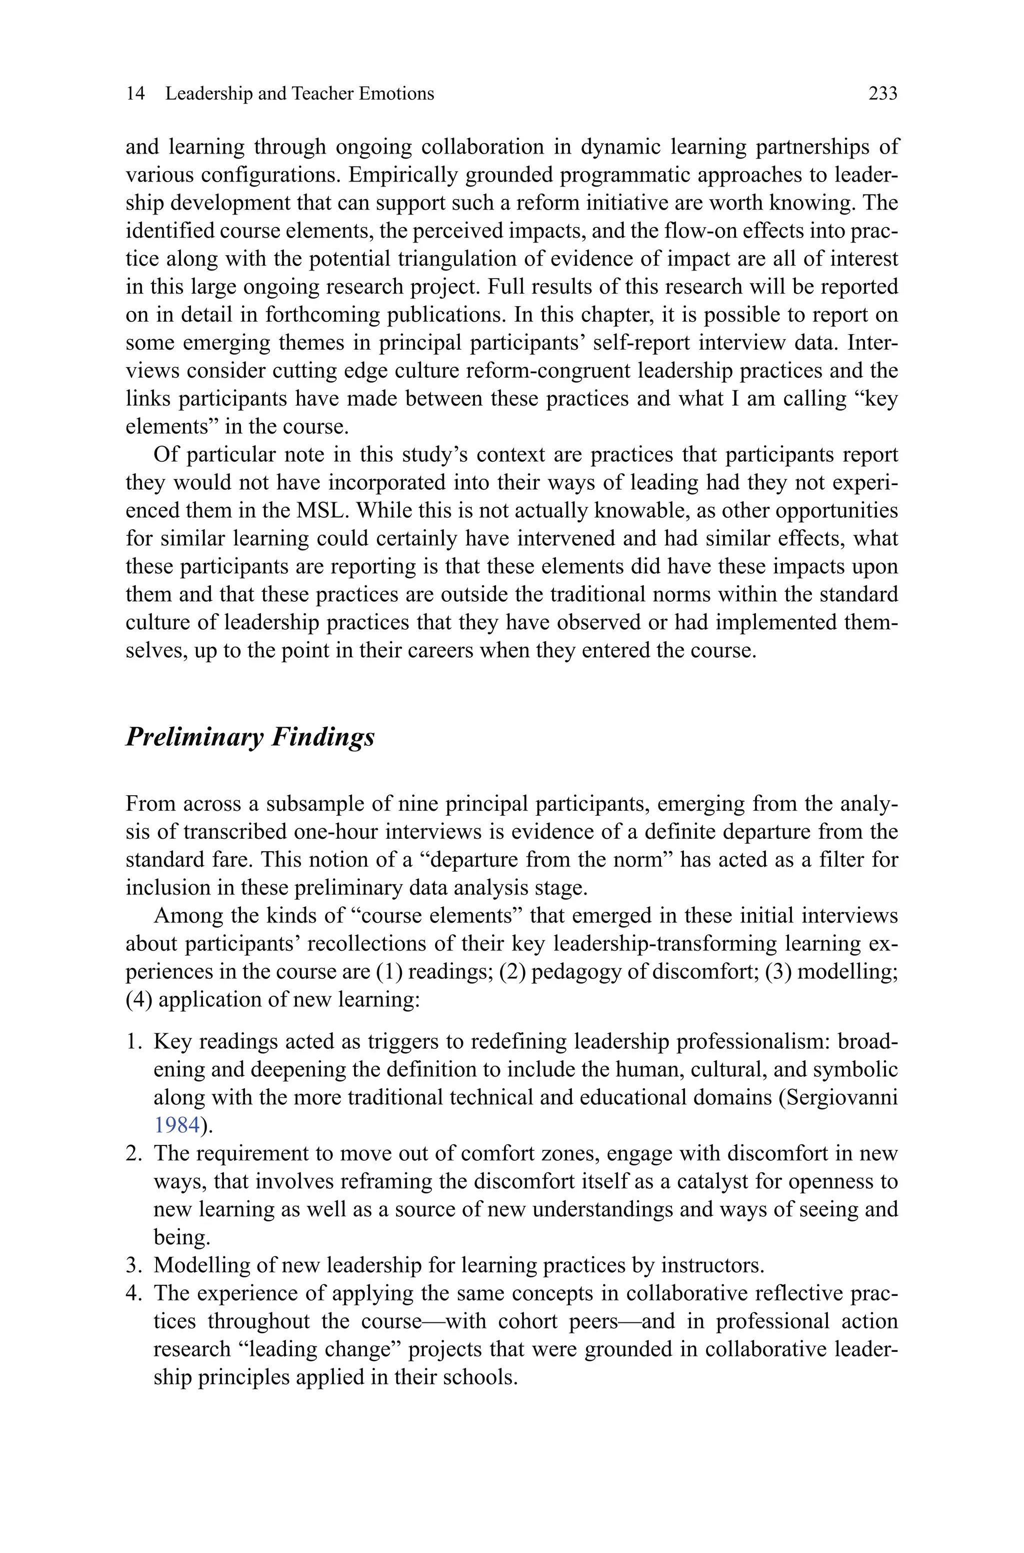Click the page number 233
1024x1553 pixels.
pyautogui.click(x=882, y=94)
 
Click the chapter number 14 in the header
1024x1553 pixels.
pyautogui.click(x=135, y=94)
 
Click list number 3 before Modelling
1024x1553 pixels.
pyautogui.click(x=133, y=1265)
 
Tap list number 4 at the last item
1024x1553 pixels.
pyautogui.click(x=133, y=1294)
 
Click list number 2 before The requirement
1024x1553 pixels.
pyautogui.click(x=133, y=1153)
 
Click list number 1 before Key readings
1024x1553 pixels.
pyautogui.click(x=133, y=1041)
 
